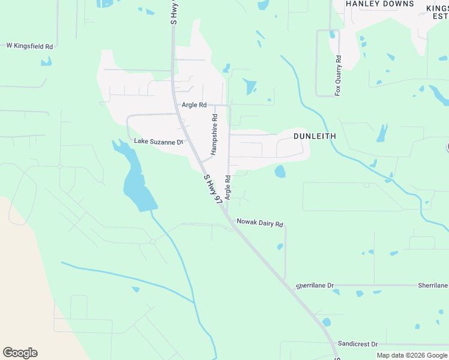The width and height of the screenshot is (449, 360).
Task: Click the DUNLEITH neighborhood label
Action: point(315,136)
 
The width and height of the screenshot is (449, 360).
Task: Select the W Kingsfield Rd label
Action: point(30,46)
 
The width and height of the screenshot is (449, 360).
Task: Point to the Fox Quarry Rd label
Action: point(338,76)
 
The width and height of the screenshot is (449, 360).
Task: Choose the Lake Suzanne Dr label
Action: point(158,142)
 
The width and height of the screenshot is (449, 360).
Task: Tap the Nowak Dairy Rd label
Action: point(259,223)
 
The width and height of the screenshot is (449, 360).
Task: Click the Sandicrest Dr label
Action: point(357,344)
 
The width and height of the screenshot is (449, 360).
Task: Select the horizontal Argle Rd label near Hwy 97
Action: point(194,105)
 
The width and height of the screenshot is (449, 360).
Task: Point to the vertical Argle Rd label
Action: point(228,187)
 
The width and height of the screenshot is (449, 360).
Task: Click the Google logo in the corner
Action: point(20,353)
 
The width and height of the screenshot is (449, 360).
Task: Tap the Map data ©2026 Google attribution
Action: point(412,355)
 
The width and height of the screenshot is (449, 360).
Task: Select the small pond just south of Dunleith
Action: point(280,172)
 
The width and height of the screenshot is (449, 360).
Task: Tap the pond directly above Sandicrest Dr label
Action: point(326,322)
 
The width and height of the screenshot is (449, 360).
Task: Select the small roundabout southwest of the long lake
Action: point(152,241)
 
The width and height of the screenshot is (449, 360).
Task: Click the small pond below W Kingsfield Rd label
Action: point(46,61)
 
